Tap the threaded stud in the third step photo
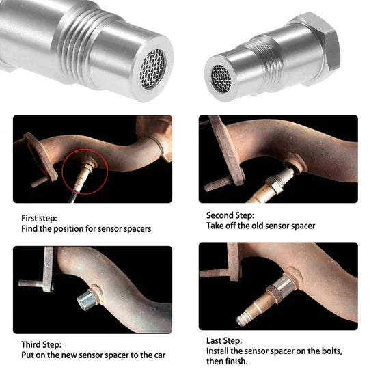point(31,283)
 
